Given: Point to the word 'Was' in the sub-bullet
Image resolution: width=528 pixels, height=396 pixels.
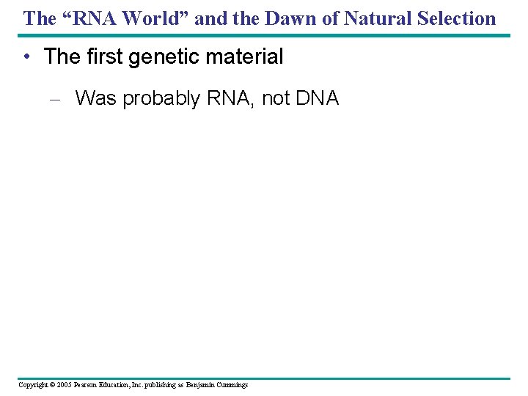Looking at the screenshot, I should [95, 98].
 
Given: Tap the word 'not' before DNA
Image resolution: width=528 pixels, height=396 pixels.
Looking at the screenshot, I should [276, 98].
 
